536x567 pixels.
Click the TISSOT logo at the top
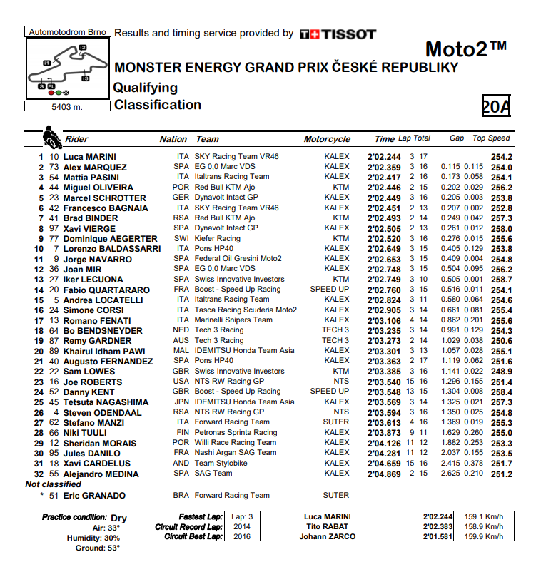[338, 34]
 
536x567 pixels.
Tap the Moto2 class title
[466, 49]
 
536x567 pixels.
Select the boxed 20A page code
[496, 106]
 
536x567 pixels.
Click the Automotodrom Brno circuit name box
[66, 32]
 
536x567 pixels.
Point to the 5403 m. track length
[67, 107]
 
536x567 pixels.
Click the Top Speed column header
[491, 138]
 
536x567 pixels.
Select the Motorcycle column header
[327, 139]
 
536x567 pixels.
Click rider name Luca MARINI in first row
[90, 157]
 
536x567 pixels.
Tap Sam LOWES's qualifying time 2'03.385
[385, 372]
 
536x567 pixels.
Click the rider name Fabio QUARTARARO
[96, 290]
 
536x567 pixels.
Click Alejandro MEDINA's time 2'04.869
[385, 474]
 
